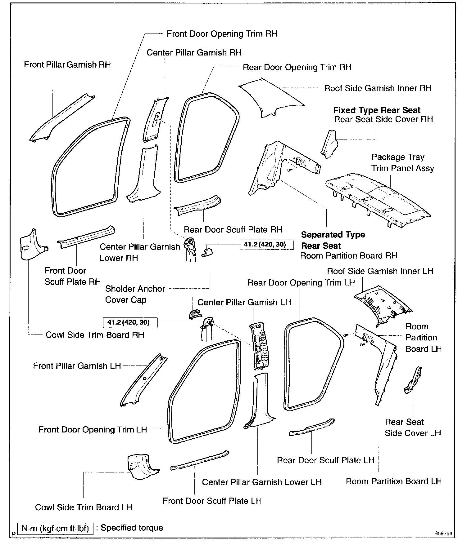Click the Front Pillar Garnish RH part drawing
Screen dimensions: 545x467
pyautogui.click(x=62, y=118)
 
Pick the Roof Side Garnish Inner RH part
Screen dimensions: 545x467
pyautogui.click(x=270, y=99)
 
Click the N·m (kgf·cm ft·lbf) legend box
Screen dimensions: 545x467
pyautogui.click(x=55, y=529)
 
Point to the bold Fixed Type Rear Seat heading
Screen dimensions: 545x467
pyautogui.click(x=377, y=110)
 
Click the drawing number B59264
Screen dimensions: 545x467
pyautogui.click(x=443, y=534)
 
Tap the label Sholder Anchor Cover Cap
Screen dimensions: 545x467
pyautogui.click(x=135, y=294)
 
